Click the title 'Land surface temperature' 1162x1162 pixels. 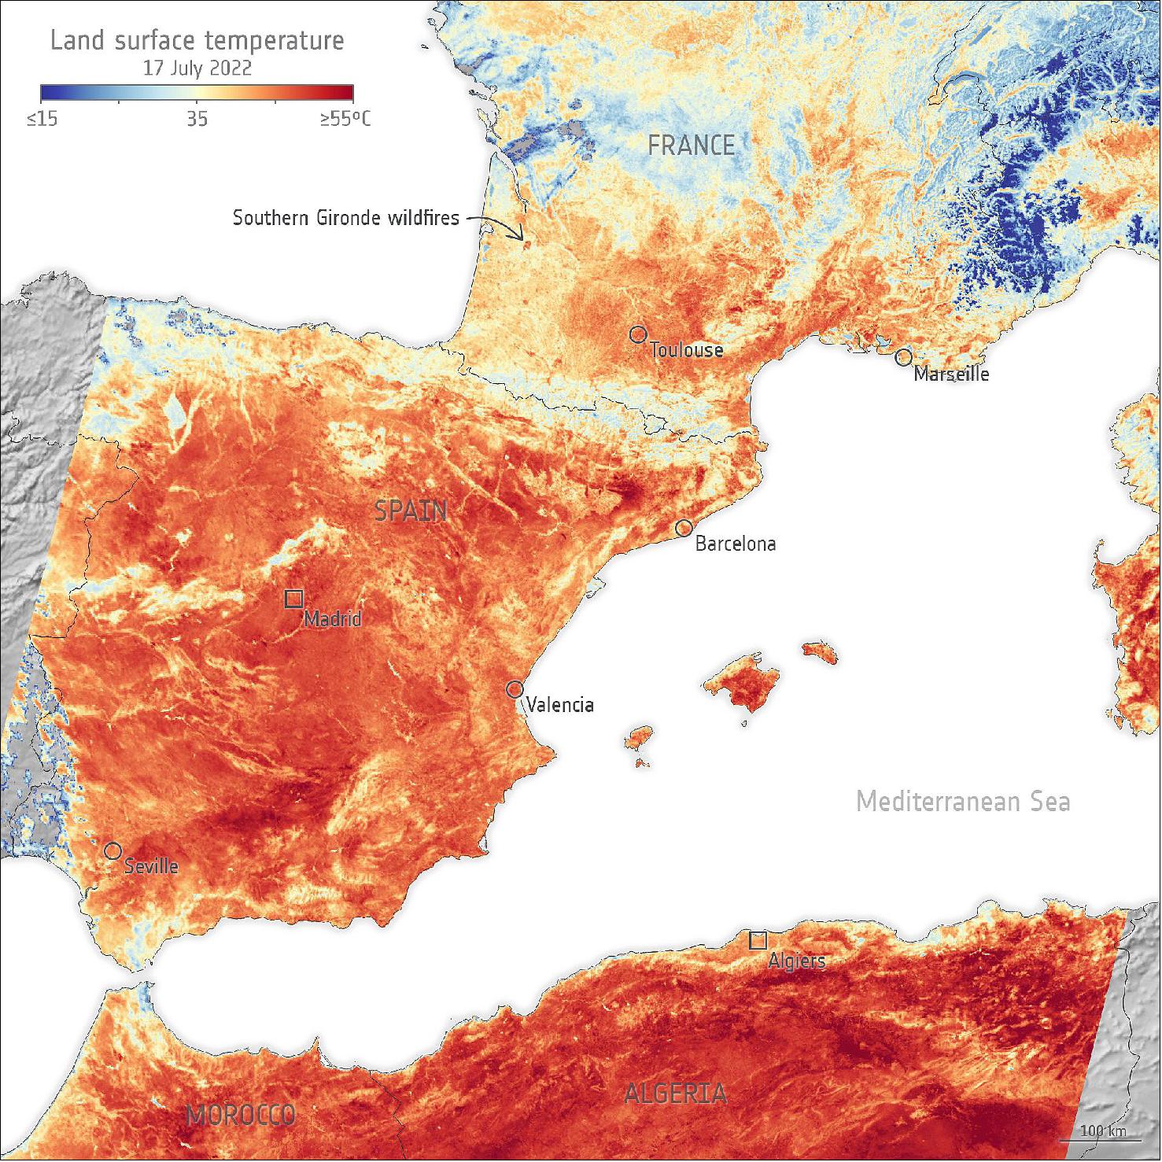(197, 40)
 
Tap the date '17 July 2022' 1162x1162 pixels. (197, 68)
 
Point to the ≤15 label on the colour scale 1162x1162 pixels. (42, 120)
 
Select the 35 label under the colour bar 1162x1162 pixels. (197, 120)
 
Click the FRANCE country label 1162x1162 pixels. (691, 146)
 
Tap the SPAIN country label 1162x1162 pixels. (411, 512)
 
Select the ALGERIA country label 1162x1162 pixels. (675, 1093)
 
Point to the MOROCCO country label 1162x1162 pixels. (241, 1115)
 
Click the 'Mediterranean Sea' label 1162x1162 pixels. (962, 802)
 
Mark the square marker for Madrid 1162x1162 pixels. (293, 599)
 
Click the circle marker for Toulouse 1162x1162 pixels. (637, 334)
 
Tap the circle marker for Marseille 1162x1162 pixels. (903, 358)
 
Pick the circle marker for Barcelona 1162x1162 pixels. (684, 528)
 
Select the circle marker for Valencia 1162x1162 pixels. (515, 689)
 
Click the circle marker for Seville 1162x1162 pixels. (113, 850)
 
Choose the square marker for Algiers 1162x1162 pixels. (758, 940)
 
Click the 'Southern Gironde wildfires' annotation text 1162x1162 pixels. (345, 218)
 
